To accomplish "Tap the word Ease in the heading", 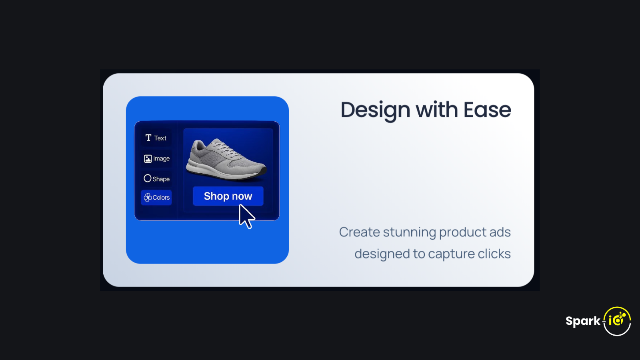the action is pyautogui.click(x=487, y=110).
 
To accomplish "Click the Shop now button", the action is pyautogui.click(x=228, y=196).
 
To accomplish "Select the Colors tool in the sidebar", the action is pyautogui.click(x=156, y=198).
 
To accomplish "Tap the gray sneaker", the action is pyautogui.click(x=226, y=160).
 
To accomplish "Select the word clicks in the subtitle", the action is pyautogui.click(x=494, y=254).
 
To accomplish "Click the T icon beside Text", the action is pyautogui.click(x=148, y=138).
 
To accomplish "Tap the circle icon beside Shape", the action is pyautogui.click(x=148, y=178).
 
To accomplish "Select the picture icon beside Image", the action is pyautogui.click(x=148, y=158).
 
